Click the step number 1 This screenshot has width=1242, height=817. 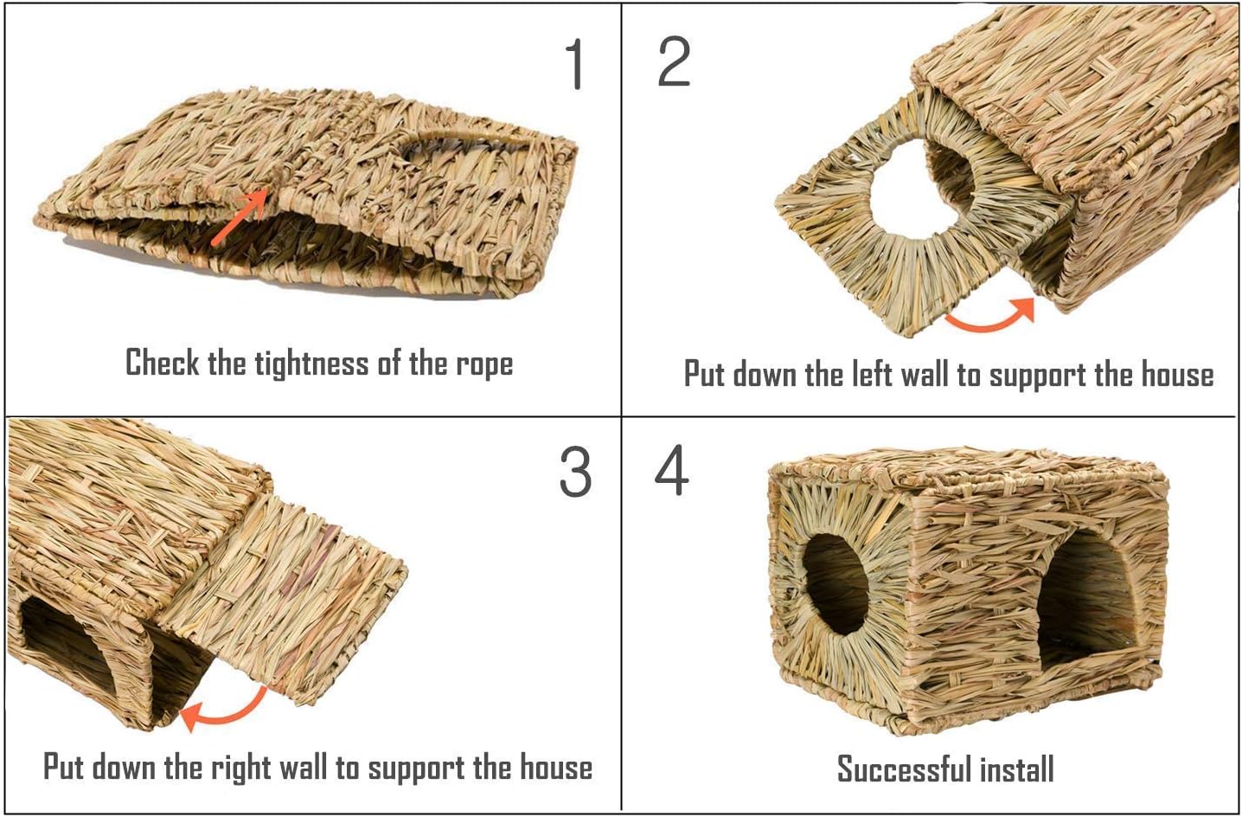[574, 64]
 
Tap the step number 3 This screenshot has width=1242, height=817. [575, 473]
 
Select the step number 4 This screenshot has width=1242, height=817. [671, 471]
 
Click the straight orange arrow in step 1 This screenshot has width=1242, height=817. [240, 216]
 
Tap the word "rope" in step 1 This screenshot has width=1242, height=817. [483, 364]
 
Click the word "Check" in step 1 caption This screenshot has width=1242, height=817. [162, 363]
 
